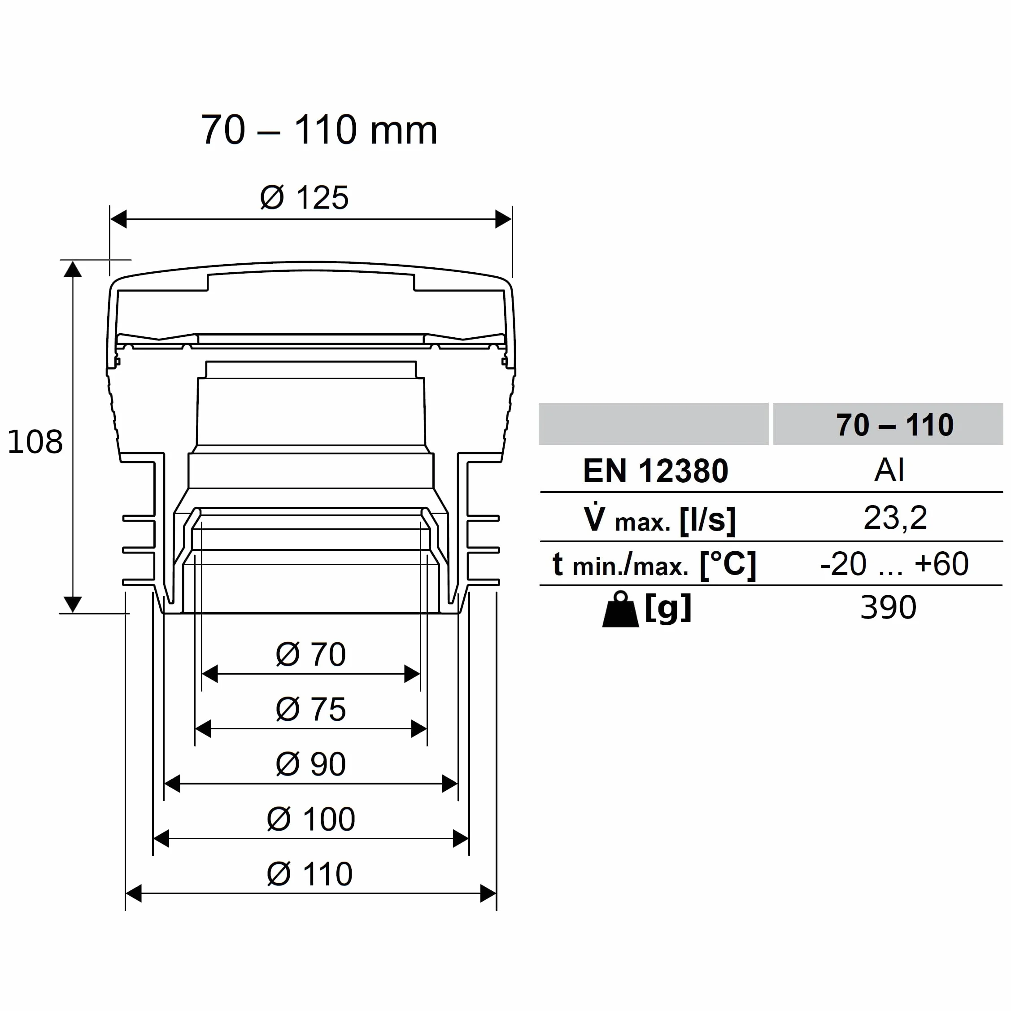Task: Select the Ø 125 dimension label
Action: tap(304, 198)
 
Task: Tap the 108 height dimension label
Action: tap(35, 441)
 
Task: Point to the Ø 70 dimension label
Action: tap(311, 654)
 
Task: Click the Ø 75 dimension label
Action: tap(311, 709)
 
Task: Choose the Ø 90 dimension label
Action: tap(311, 764)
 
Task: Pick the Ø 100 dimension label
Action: tap(311, 819)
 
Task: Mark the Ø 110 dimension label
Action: tap(310, 874)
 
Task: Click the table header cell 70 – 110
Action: tap(895, 424)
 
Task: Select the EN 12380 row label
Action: tap(656, 471)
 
